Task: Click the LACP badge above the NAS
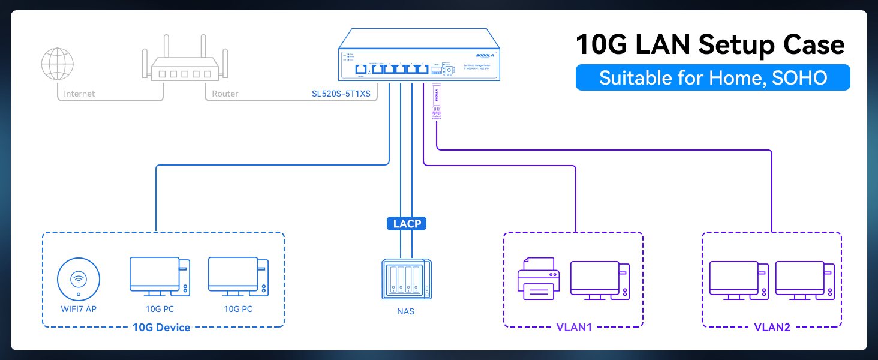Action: click(x=407, y=224)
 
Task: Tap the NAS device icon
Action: click(x=406, y=279)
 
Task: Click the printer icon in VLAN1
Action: click(x=539, y=278)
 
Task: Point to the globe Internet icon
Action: click(x=58, y=64)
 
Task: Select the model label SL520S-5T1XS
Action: click(x=341, y=94)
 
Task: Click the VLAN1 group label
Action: click(x=573, y=328)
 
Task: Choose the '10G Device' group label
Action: click(x=161, y=328)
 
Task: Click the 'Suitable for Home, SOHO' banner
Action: click(x=712, y=77)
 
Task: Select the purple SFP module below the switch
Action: click(x=437, y=101)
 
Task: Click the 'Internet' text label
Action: click(x=79, y=94)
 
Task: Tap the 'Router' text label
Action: click(x=225, y=94)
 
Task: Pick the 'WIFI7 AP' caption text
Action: click(x=79, y=309)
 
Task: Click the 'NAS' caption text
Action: click(x=406, y=311)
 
